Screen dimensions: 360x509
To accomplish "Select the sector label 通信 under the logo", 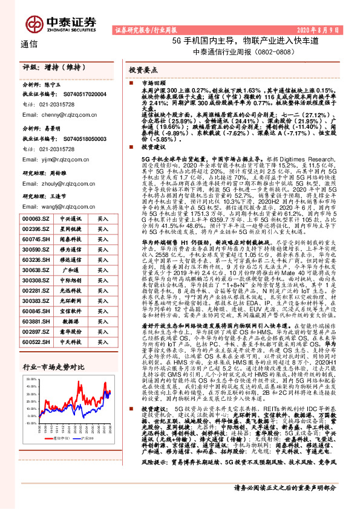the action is pyautogui.click(x=28, y=44).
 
